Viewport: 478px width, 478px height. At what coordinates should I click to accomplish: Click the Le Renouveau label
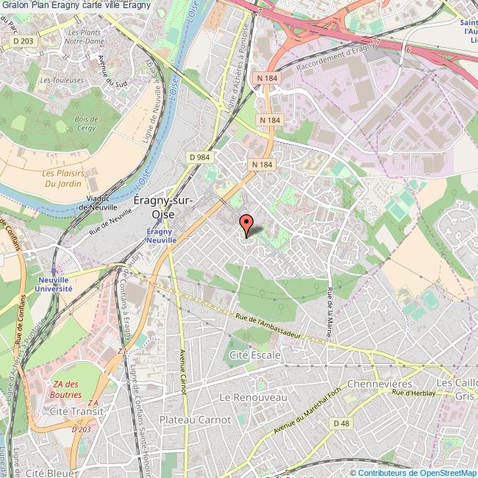[x=252, y=396]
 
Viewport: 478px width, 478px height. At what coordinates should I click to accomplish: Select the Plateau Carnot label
[x=195, y=419]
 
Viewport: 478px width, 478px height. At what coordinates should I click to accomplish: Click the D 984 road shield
[x=199, y=157]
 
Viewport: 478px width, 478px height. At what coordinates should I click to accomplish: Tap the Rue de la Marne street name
[x=329, y=316]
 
